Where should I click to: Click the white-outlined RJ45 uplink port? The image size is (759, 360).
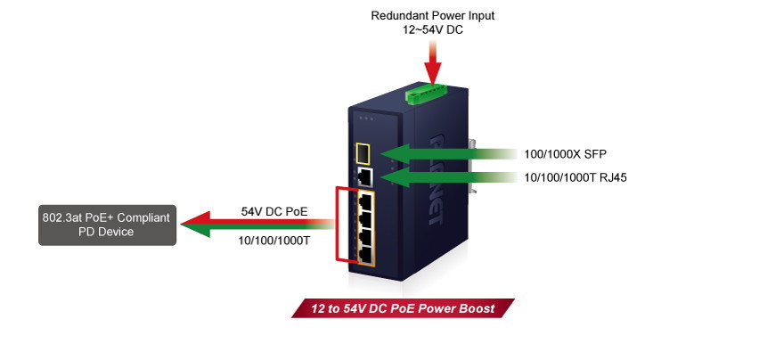[363, 176]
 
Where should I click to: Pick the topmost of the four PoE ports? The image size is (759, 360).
[363, 200]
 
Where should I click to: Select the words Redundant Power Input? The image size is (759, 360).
[432, 15]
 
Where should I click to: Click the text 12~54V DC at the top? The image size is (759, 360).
[432, 29]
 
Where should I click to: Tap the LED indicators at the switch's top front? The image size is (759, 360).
[363, 117]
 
